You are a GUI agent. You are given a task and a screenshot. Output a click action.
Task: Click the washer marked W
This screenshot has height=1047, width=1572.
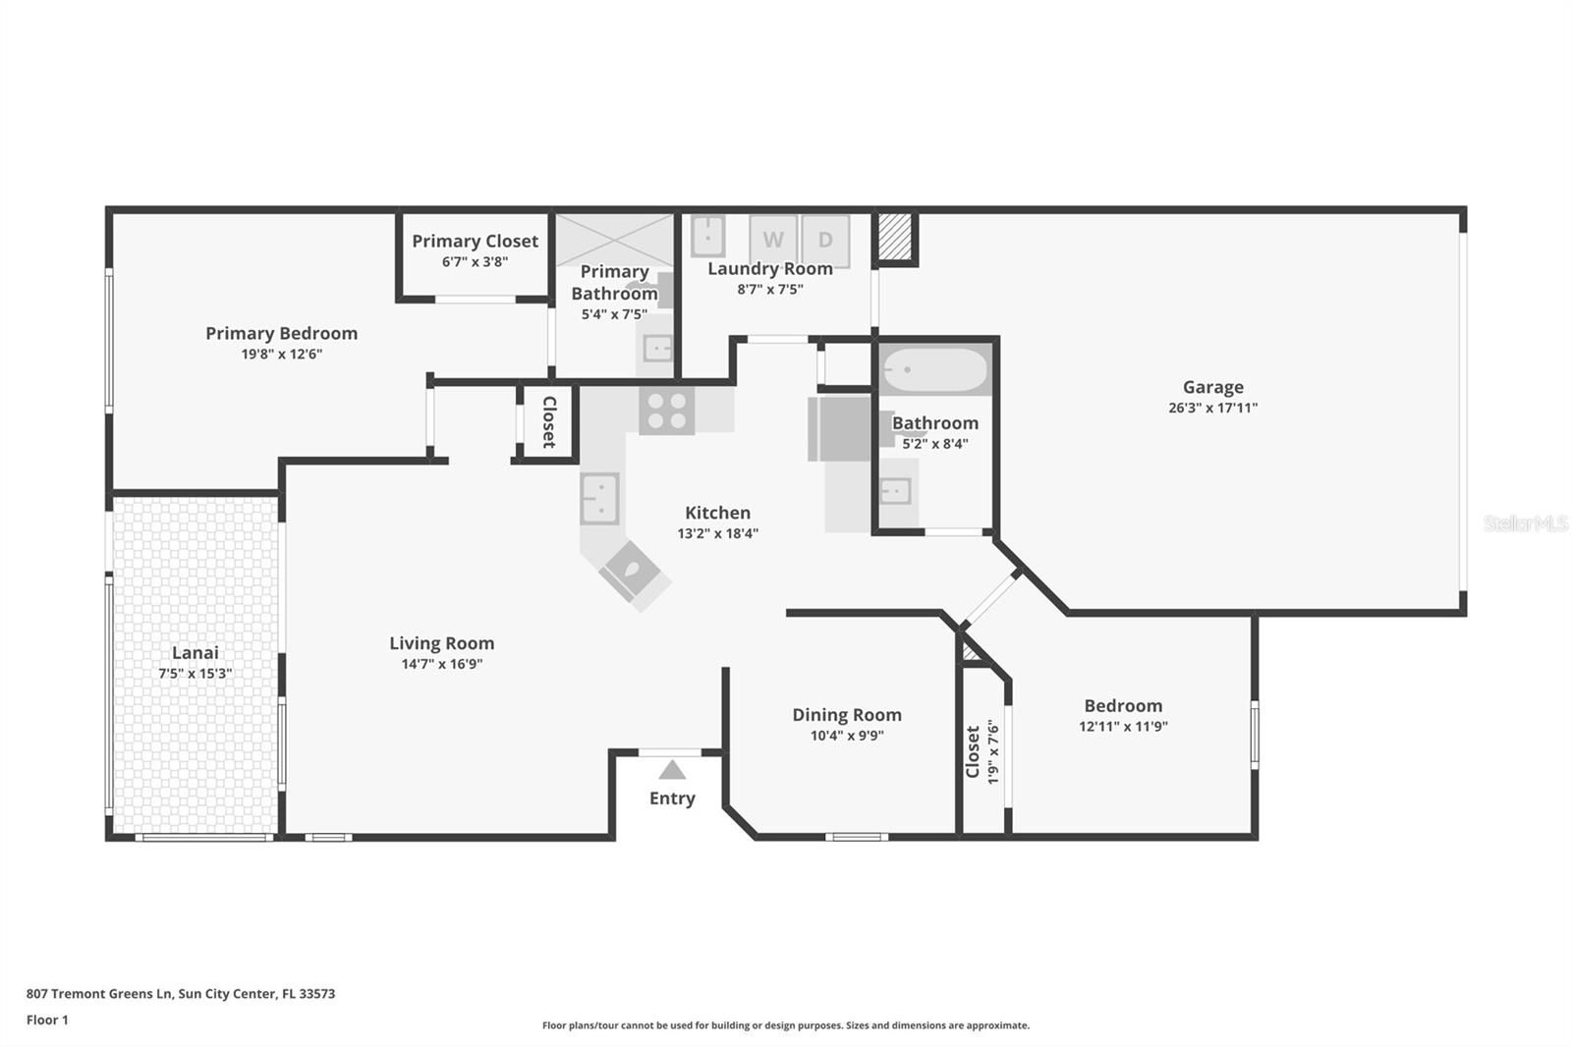[773, 241]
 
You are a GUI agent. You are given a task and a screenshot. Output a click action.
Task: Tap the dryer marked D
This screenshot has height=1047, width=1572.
[825, 241]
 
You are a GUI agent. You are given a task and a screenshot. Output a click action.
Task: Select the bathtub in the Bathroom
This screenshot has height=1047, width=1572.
[934, 370]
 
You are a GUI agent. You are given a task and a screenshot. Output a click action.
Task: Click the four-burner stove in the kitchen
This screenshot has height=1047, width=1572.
[667, 411]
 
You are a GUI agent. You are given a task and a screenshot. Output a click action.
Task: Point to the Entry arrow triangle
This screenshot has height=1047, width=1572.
[672, 770]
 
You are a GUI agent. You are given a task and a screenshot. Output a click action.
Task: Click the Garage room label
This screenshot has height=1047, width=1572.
[1212, 387]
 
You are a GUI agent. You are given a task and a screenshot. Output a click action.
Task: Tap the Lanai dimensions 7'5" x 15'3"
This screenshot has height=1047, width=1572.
[196, 674]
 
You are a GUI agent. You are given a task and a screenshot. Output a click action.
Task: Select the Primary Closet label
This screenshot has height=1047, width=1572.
[476, 242]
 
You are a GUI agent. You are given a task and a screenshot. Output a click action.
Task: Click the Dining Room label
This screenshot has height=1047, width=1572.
[846, 715]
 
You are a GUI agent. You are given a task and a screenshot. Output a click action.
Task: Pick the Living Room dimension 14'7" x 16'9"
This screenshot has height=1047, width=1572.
[441, 664]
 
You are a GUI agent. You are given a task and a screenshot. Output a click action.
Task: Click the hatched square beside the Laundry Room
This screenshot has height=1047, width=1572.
[895, 237]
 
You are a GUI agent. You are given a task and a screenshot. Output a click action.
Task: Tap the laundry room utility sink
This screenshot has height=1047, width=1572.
[708, 237]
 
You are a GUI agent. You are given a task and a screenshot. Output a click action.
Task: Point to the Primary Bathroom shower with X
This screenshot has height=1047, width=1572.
[615, 240]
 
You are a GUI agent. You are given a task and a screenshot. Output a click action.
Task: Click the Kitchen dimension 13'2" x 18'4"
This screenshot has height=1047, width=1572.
[717, 533]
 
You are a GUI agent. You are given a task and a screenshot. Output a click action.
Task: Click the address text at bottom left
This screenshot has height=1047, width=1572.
[181, 994]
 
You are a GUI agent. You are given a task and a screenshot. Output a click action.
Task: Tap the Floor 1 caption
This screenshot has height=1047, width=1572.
[47, 1020]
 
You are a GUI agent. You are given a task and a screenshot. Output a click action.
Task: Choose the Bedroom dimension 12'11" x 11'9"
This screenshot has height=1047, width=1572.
[1123, 726]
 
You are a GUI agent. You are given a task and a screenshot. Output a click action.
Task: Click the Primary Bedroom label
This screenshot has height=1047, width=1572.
[281, 333]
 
